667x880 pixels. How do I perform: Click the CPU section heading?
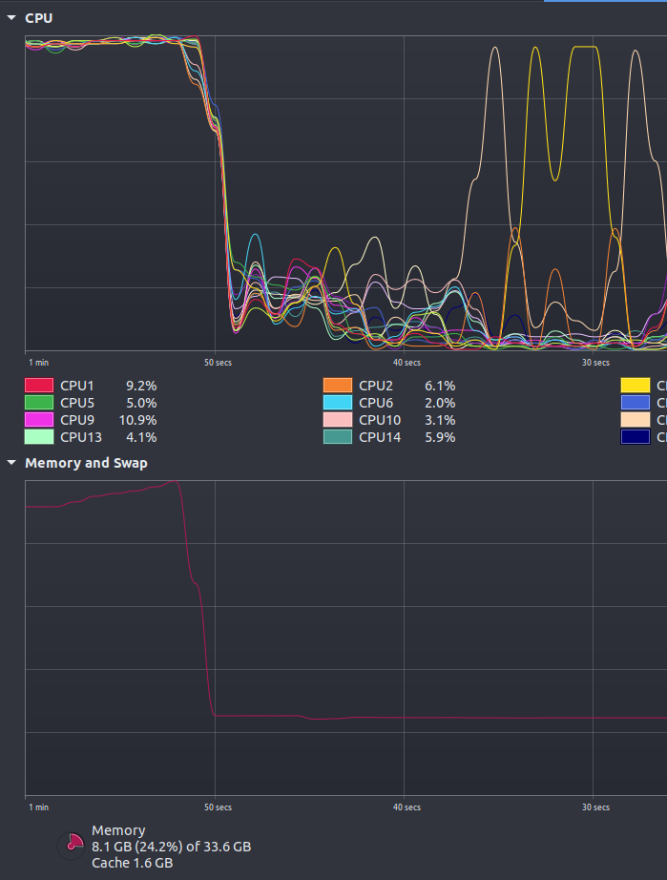click(x=39, y=18)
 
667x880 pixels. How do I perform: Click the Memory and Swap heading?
click(x=86, y=463)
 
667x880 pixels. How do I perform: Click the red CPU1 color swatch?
click(x=38, y=386)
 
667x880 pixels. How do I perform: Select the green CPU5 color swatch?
click(x=38, y=403)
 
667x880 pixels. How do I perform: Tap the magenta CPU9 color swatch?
click(x=38, y=420)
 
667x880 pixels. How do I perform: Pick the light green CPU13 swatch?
click(x=38, y=437)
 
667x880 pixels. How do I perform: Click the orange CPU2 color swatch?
click(x=338, y=386)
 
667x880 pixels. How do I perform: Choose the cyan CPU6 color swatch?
click(x=338, y=403)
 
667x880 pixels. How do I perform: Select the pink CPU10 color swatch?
click(x=338, y=420)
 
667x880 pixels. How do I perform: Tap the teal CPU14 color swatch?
click(x=338, y=437)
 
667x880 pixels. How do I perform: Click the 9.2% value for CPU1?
click(x=141, y=386)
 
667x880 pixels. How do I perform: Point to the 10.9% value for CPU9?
click(x=137, y=420)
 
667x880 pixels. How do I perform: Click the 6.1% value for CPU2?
click(x=440, y=386)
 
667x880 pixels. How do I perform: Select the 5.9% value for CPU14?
click(x=440, y=437)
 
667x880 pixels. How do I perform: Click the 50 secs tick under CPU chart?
click(x=218, y=363)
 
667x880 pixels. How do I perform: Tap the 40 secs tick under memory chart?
click(x=406, y=807)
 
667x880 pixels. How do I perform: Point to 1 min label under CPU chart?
click(x=38, y=363)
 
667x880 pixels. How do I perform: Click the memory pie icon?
click(x=73, y=846)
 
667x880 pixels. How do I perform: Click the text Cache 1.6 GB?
click(x=132, y=863)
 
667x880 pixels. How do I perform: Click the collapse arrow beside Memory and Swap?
click(x=11, y=463)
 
